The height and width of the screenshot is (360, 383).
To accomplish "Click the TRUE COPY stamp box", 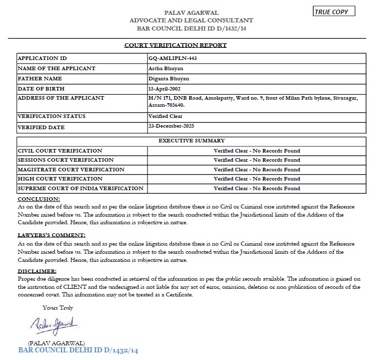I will pyautogui.click(x=334, y=12).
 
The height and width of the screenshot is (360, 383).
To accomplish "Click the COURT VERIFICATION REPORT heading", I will pyautogui.click(x=175, y=45).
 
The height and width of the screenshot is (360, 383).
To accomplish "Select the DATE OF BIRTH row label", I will pyautogui.click(x=40, y=88).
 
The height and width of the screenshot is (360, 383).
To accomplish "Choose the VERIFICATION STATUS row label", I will pyautogui.click(x=51, y=116).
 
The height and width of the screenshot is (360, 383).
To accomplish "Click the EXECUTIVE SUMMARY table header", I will pyautogui.click(x=191, y=140).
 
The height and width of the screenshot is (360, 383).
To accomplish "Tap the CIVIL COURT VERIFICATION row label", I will pyautogui.click(x=60, y=151).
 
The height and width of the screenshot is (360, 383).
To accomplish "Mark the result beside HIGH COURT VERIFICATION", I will pyautogui.click(x=257, y=179).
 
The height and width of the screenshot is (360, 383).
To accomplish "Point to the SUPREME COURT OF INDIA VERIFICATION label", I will pyautogui.click(x=80, y=189).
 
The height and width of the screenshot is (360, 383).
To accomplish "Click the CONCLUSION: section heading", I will pyautogui.click(x=39, y=199).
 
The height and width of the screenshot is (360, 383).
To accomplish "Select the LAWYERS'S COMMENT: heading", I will pyautogui.click(x=51, y=235).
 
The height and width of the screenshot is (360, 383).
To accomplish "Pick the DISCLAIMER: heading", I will pyautogui.click(x=37, y=271).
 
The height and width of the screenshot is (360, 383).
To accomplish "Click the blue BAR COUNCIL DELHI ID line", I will pyautogui.click(x=78, y=350).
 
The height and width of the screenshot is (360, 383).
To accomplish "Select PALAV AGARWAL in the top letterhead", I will pyautogui.click(x=191, y=12).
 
